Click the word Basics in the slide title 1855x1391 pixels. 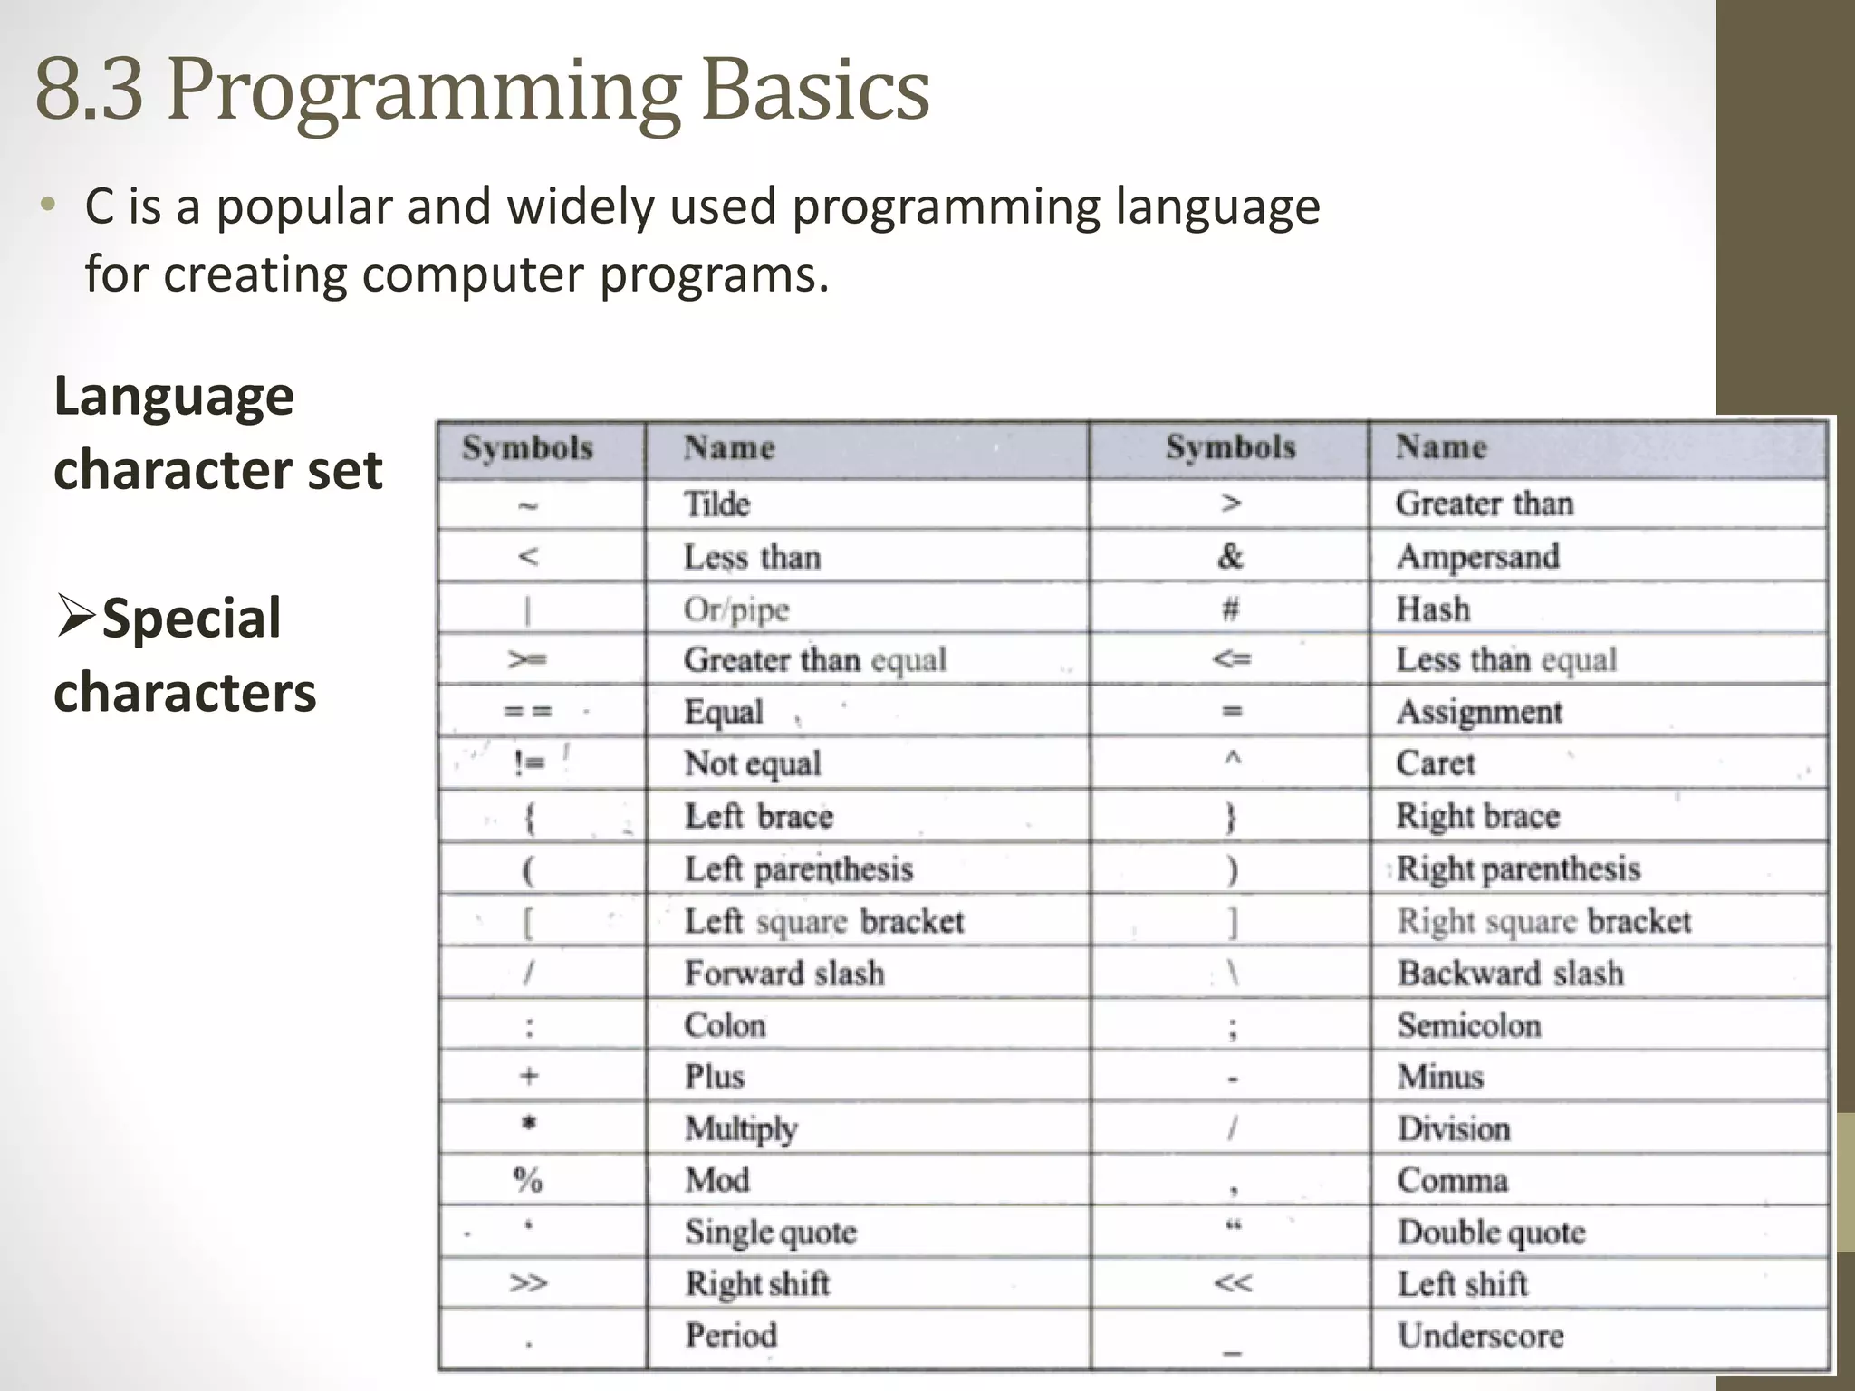815,91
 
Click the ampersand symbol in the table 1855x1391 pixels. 1230,556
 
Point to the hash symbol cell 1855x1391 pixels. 1230,609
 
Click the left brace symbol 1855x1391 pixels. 529,818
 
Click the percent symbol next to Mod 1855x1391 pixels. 528,1180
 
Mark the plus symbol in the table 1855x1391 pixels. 529,1076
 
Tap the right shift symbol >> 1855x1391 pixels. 528,1283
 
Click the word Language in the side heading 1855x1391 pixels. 174,397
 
